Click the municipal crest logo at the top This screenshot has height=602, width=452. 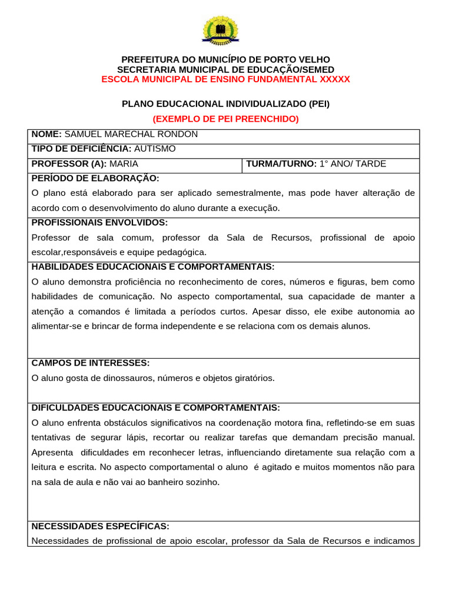[220, 31]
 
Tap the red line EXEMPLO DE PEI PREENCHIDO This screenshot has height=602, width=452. [226, 119]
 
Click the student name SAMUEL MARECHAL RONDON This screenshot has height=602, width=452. [131, 134]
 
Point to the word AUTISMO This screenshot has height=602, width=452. [155, 149]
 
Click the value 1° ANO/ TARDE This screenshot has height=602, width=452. [353, 164]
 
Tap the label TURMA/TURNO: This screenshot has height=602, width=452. [281, 164]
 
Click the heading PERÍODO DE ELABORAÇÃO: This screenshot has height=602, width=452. [95, 178]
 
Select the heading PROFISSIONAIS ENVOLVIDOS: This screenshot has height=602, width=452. [99, 222]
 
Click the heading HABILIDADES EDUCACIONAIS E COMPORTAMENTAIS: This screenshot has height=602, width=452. [152, 266]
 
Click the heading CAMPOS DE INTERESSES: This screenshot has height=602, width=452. [90, 363]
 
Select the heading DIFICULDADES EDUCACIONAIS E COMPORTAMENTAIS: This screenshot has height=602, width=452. [155, 407]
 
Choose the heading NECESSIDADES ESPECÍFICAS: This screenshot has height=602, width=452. [100, 526]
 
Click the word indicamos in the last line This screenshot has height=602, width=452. [394, 541]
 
